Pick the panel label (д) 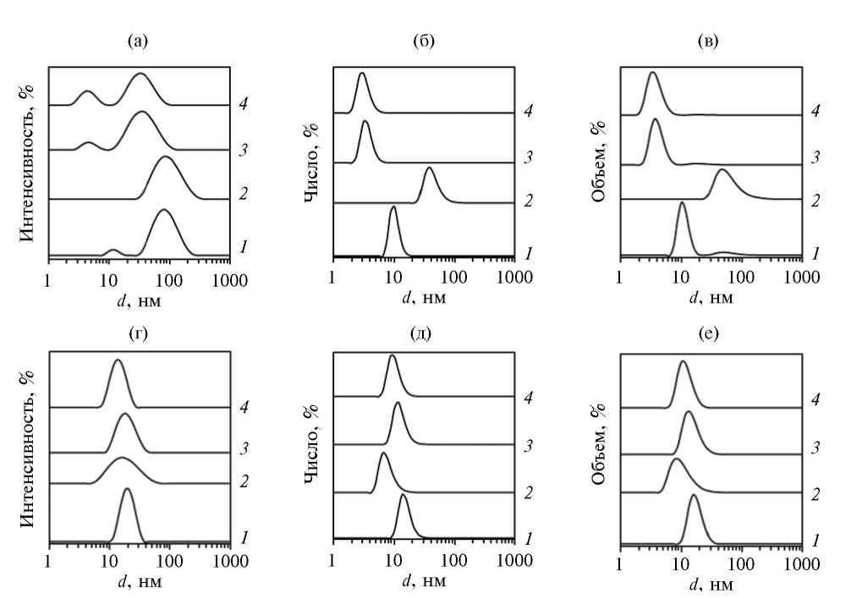(x=420, y=332)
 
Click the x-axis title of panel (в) (x=712, y=298)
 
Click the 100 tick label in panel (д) (x=454, y=562)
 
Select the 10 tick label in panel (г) (x=109, y=562)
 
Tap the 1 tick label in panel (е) (x=621, y=562)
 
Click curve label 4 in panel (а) (x=243, y=105)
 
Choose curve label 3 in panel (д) (x=528, y=444)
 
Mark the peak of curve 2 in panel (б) (x=430, y=168)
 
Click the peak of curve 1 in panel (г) (x=127, y=488)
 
